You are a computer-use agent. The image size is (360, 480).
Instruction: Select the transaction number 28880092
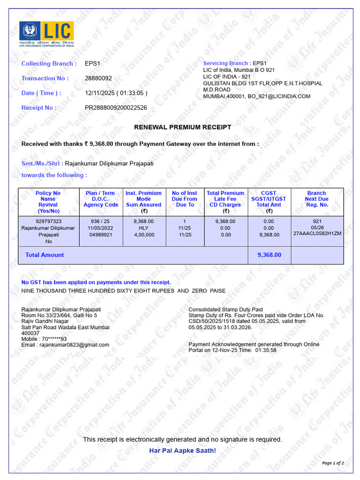pos(98,78)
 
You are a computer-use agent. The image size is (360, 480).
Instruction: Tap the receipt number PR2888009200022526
pos(116,108)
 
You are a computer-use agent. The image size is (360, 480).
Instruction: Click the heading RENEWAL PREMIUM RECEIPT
pos(182,127)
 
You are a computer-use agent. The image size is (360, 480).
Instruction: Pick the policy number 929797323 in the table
pos(48,221)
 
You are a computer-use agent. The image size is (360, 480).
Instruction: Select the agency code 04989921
pos(100,235)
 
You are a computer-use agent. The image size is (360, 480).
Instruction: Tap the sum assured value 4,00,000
pos(143,235)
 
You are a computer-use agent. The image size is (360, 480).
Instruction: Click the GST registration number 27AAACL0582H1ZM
pos(317,233)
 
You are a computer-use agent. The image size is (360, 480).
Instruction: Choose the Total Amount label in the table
pos(45,255)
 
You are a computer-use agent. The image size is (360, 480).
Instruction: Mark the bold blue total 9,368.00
pos(269,255)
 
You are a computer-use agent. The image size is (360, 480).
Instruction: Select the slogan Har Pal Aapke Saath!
pos(182,450)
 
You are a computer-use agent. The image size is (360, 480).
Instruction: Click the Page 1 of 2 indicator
pos(333,463)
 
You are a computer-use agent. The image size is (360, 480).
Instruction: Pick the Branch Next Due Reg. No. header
pos(316,199)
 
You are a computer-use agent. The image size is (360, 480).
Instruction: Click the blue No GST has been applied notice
pos(96,282)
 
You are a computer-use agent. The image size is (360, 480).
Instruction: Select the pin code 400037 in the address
pos(30,333)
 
